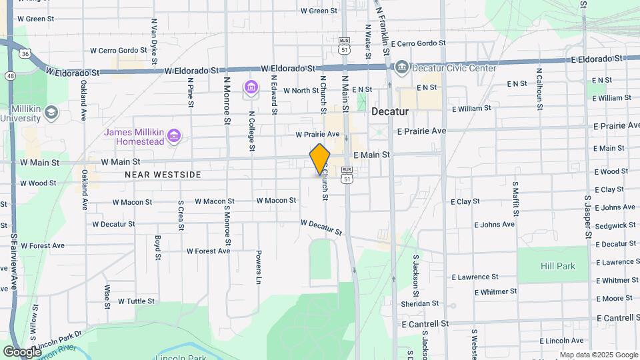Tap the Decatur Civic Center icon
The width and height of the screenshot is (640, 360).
click(x=402, y=67)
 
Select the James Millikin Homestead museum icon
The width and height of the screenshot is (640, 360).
click(x=174, y=137)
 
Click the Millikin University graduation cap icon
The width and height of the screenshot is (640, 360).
click(x=51, y=112)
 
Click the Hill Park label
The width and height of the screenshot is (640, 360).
click(x=557, y=266)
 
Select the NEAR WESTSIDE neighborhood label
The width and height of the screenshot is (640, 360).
click(x=163, y=175)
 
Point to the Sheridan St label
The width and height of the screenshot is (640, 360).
click(x=421, y=303)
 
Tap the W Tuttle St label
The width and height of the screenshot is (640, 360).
click(x=136, y=301)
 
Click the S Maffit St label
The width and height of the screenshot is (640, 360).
click(x=515, y=199)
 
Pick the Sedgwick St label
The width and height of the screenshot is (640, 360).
click(x=615, y=226)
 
